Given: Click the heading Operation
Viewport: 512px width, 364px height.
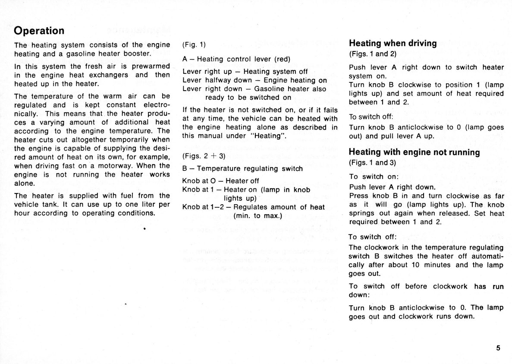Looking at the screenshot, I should pyautogui.click(x=39, y=31).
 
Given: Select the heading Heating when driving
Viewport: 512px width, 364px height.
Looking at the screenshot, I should pyautogui.click(x=393, y=43).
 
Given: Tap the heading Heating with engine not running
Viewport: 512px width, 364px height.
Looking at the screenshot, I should pyautogui.click(x=414, y=152).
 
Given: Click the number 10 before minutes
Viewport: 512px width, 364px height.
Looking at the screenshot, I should pyautogui.click(x=415, y=265).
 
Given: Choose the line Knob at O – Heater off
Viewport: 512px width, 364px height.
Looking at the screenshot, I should pyautogui.click(x=220, y=181).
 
